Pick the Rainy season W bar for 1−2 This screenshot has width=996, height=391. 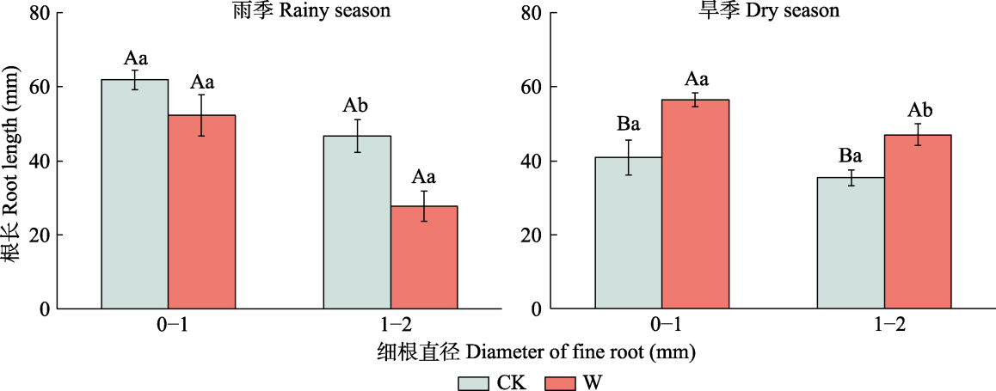point(424,257)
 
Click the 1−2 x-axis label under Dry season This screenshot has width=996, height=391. point(884,325)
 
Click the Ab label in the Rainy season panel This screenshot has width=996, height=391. point(356,107)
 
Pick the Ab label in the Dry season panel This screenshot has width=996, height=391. point(919,110)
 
